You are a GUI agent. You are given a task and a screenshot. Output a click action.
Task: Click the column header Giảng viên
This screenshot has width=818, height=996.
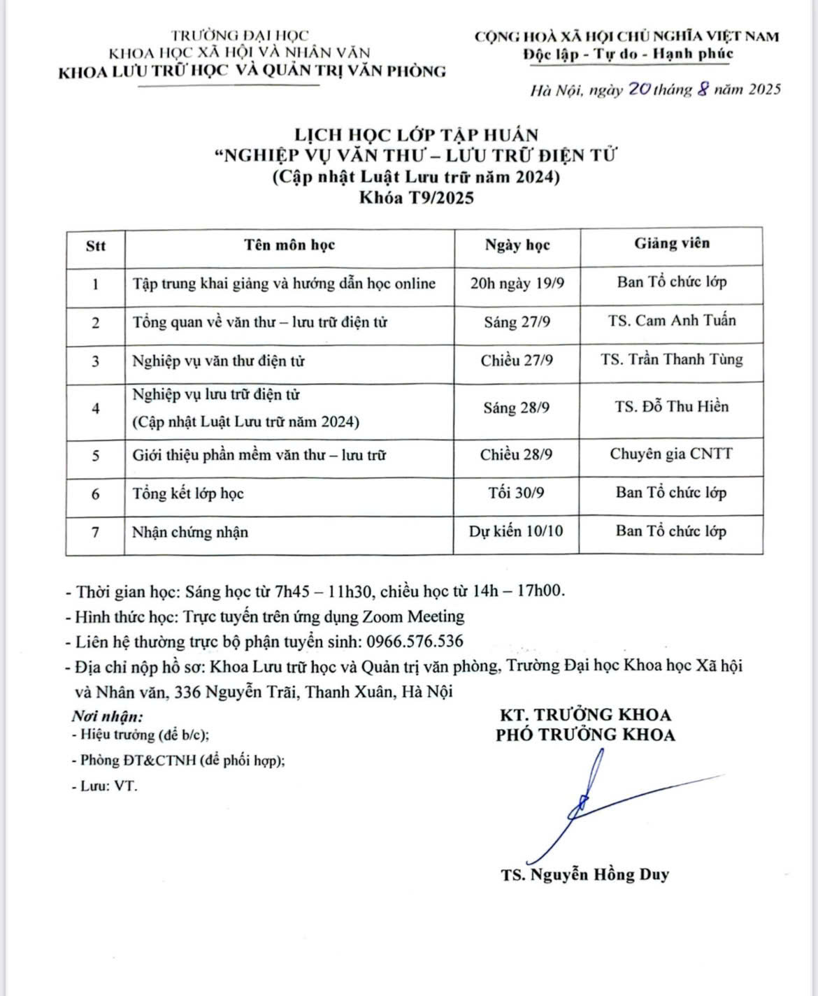click(x=671, y=243)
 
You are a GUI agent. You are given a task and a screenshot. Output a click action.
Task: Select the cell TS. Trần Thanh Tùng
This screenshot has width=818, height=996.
click(x=671, y=360)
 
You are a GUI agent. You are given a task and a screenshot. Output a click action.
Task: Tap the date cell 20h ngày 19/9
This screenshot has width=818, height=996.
click(x=517, y=283)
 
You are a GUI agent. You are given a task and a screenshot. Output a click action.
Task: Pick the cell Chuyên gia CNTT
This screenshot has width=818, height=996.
click(x=671, y=454)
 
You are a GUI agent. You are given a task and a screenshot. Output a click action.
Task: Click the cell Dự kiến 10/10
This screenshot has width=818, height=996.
click(x=517, y=531)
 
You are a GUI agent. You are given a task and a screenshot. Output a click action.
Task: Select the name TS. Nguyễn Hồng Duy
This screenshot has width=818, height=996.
click(x=584, y=874)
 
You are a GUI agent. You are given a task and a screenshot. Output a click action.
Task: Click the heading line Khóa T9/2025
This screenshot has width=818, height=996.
click(x=417, y=199)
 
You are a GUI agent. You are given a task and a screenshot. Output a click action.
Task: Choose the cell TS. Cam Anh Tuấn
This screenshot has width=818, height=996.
click(x=671, y=321)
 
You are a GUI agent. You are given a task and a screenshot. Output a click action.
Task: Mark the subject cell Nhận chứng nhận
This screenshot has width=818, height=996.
click(x=190, y=532)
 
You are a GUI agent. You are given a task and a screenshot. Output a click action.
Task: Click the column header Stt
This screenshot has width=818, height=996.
click(x=96, y=245)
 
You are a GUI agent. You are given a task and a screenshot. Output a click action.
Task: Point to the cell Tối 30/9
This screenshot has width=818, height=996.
click(x=517, y=493)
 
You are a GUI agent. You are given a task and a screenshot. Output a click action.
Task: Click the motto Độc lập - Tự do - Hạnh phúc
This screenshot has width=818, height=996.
click(x=626, y=54)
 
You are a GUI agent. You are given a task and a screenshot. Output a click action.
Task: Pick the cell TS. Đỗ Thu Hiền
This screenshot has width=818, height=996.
click(x=671, y=407)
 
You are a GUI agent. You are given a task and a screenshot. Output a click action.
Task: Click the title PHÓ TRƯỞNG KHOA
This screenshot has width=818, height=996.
click(x=585, y=735)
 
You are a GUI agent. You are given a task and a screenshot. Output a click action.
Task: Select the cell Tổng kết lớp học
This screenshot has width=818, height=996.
click(x=188, y=493)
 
